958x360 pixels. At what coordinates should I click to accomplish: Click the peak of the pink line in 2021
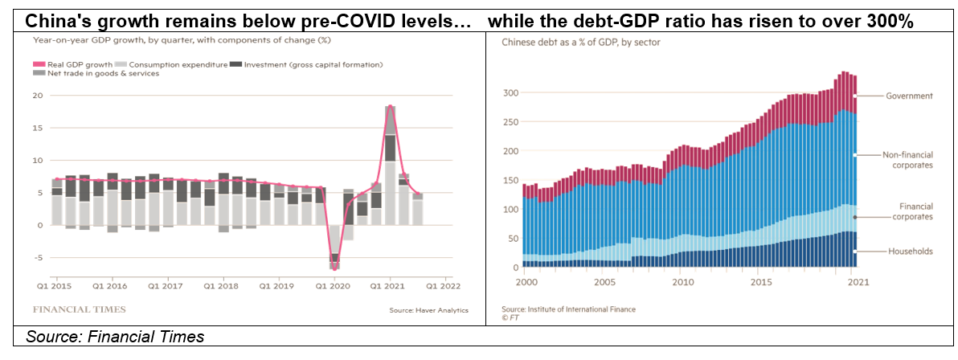click(x=390, y=106)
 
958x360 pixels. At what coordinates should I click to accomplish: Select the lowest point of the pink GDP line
click(x=334, y=268)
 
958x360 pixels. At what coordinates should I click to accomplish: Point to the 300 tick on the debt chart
click(x=510, y=93)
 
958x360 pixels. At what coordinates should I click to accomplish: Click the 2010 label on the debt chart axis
click(x=682, y=283)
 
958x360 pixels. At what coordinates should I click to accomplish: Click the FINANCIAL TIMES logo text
click(x=79, y=309)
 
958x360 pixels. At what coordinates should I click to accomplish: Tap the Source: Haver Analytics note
click(x=427, y=310)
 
